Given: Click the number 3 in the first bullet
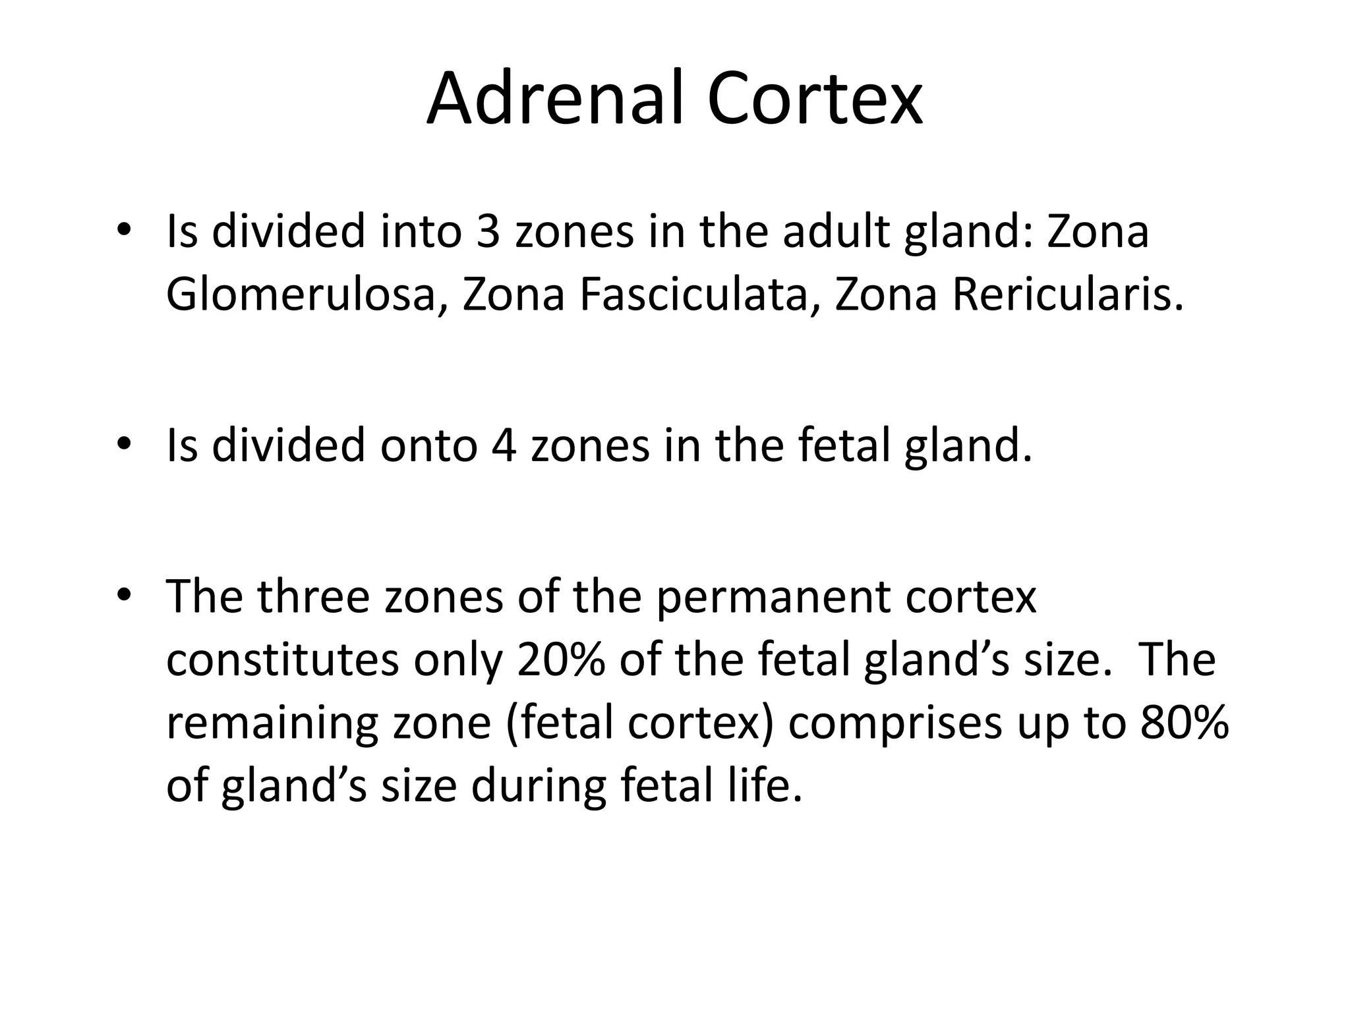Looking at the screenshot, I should coord(488,232).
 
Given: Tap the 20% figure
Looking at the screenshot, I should coord(561,660).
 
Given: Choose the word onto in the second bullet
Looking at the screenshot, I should coord(428,445).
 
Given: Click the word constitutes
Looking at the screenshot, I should coord(283,660).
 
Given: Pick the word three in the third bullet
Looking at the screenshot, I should coord(313,597).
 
